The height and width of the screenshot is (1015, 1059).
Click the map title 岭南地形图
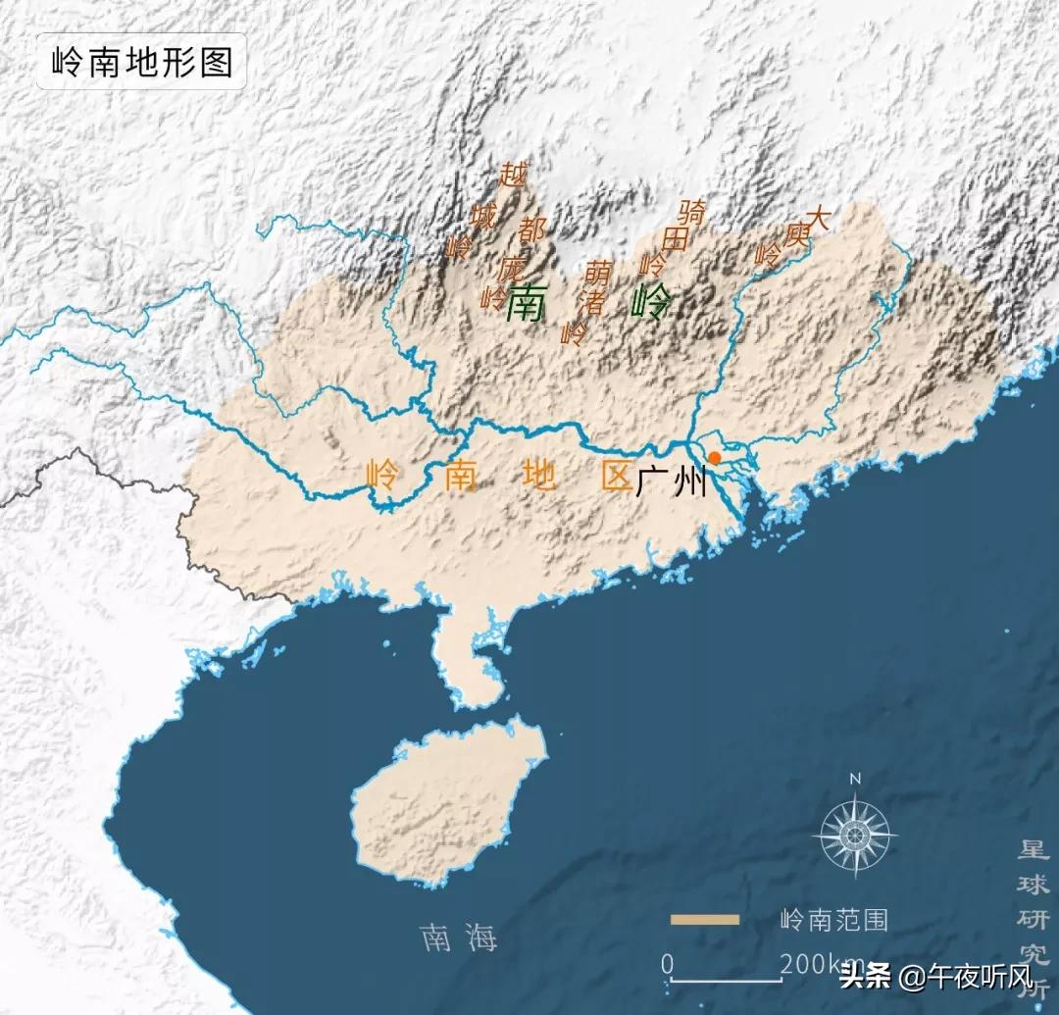tap(141, 63)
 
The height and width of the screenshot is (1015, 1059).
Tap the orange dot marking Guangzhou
tap(715, 458)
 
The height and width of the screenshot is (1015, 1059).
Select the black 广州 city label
tap(672, 482)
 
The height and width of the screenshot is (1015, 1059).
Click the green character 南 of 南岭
tap(526, 305)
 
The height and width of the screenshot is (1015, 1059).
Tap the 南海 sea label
tap(458, 938)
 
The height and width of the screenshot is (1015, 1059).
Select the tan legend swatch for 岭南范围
tap(705, 919)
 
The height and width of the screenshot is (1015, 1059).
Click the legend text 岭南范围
tap(833, 920)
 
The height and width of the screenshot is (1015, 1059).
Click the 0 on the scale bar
tap(667, 965)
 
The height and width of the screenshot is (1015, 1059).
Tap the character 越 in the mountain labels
tap(513, 175)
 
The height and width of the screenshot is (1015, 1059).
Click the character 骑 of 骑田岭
tap(692, 211)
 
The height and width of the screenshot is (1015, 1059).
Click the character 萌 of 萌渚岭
tap(598, 272)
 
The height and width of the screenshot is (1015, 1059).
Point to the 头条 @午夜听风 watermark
tap(936, 977)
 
